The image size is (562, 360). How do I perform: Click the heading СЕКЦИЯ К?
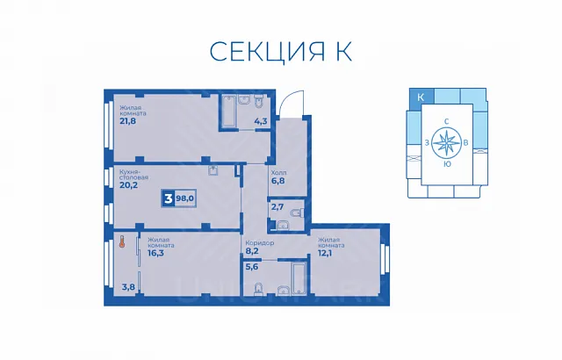tap(281, 52)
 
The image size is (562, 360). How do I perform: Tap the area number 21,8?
tap(128, 120)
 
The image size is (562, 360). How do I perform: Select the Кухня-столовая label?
tap(133, 175)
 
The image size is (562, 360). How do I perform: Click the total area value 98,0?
tap(185, 198)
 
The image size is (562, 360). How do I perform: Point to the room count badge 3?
tap(168, 198)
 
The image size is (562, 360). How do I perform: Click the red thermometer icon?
tap(122, 241)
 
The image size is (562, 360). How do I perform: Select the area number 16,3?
tap(157, 253)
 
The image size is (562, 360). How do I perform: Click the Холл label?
tap(278, 173)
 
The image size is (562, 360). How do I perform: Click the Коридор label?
tap(260, 243)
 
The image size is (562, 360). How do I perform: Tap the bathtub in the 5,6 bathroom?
tap(299, 277)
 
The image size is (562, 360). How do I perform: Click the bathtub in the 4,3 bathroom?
tap(228, 110)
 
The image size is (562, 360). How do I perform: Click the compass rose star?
tap(446, 143)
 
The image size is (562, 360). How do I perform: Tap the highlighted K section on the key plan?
tap(421, 97)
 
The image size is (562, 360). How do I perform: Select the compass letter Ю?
tap(447, 164)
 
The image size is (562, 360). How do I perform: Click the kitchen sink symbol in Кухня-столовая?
tap(213, 170)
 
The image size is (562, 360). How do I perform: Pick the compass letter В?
tap(465, 143)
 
